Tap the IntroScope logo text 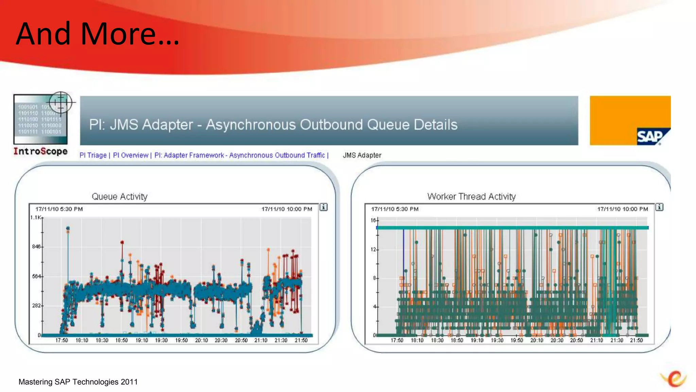pos(40,151)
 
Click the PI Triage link pos(93,156)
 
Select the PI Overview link pos(130,156)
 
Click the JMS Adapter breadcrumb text pos(362,156)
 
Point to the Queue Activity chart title pos(120,197)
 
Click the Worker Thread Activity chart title pos(471,197)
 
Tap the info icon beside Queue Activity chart pos(324,207)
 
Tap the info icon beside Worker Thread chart pos(659,207)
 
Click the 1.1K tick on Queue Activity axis pos(35,218)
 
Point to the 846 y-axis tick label pos(36,247)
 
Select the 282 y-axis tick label pos(36,306)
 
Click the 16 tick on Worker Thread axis pos(373,220)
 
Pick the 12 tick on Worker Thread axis pos(373,250)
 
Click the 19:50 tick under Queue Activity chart pos(181,340)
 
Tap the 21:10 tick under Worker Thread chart pos(596,340)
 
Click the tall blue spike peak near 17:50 pos(68,228)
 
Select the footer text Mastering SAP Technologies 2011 pos(78,382)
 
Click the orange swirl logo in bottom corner pos(674,379)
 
